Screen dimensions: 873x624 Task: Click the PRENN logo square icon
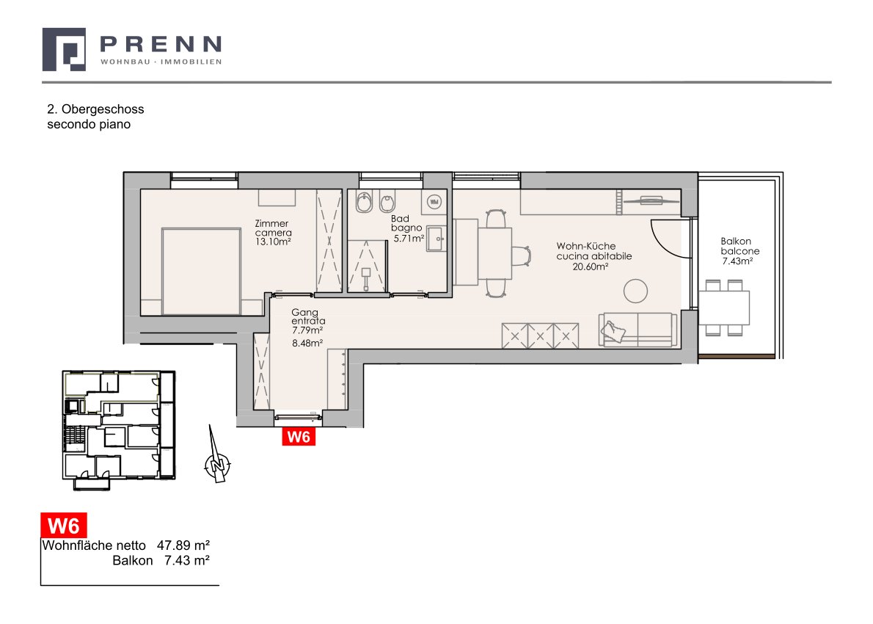(64, 50)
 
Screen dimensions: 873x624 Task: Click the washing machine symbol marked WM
(434, 202)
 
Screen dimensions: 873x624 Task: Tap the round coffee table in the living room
(635, 291)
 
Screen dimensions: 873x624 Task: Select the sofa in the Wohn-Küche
(638, 330)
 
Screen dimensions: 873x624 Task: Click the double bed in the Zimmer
(201, 272)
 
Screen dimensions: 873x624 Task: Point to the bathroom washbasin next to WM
(436, 239)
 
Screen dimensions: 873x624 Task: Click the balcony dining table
(724, 308)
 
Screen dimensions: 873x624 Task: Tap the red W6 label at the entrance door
(299, 437)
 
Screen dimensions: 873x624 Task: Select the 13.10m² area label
(273, 242)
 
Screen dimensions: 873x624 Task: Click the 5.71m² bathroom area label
(409, 239)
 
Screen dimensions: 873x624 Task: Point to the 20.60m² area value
(590, 266)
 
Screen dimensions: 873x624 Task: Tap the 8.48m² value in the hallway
(307, 344)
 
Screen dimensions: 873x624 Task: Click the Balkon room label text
(736, 242)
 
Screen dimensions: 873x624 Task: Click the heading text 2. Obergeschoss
(96, 109)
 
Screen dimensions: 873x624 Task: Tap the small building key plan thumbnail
(119, 428)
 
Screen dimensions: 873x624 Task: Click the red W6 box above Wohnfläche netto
(64, 526)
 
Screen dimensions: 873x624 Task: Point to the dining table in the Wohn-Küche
(494, 253)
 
